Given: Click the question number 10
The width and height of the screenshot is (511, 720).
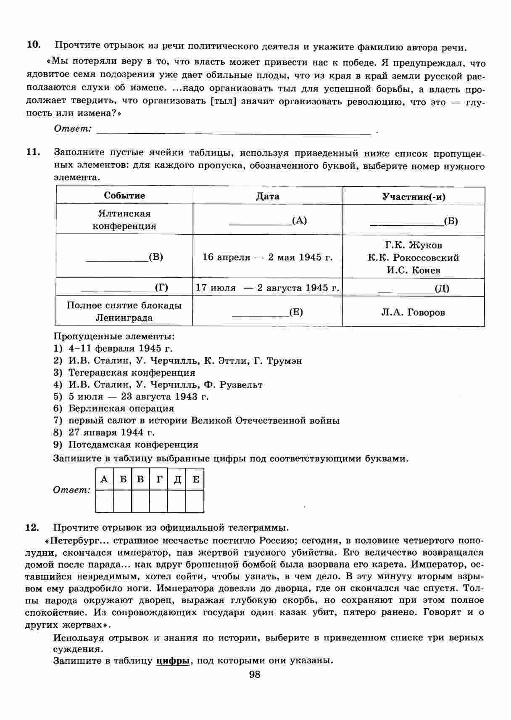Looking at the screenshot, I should [x=33, y=45].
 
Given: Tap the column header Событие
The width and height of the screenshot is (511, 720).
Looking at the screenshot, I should [x=124, y=196].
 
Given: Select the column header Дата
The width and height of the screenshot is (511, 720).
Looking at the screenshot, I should [x=268, y=196].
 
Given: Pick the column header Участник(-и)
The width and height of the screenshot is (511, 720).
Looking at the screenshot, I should [x=414, y=197].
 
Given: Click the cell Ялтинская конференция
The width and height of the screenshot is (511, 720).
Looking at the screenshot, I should [x=124, y=220].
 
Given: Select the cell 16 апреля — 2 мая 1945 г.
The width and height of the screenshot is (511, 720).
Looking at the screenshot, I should [x=268, y=257].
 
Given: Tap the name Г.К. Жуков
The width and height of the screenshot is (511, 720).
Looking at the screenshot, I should [x=414, y=245].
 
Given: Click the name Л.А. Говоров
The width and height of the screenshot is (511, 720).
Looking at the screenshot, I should [x=413, y=312].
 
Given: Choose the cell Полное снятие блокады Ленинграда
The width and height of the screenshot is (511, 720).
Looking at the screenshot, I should [x=124, y=311].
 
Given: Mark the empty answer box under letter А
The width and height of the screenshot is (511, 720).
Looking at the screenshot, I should [x=105, y=501].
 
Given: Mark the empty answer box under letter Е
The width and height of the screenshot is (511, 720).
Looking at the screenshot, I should [x=195, y=501].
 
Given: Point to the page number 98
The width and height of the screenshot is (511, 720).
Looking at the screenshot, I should [x=255, y=675].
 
